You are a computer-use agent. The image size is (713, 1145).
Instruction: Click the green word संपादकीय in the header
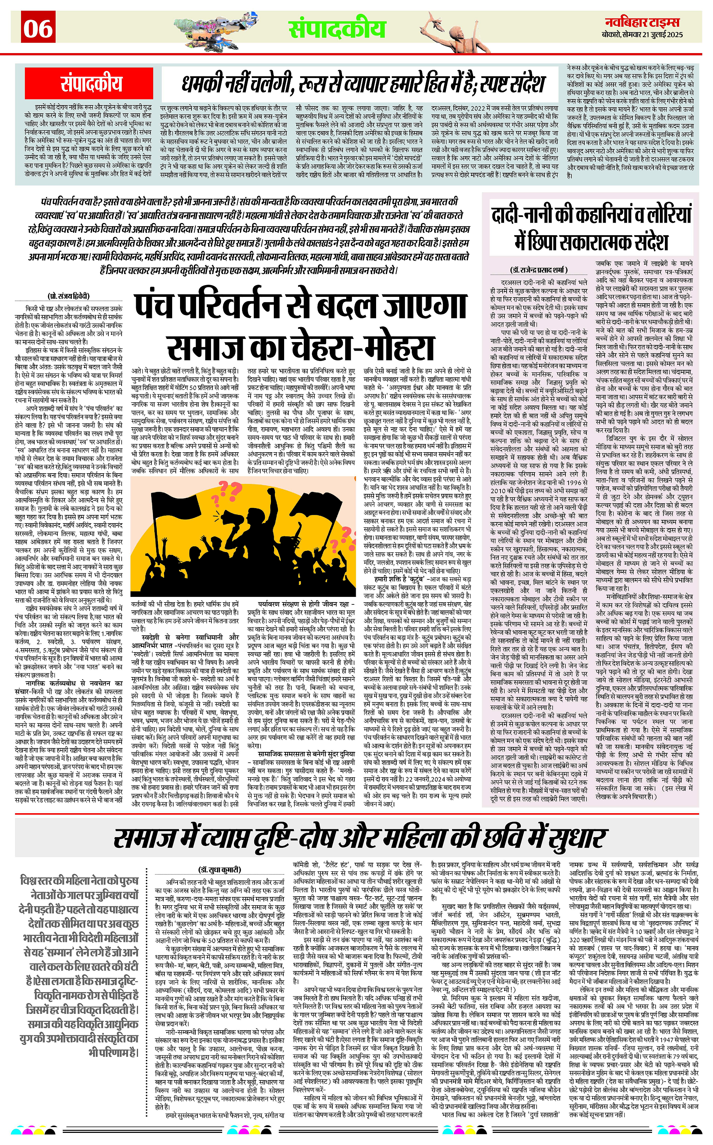(337, 29)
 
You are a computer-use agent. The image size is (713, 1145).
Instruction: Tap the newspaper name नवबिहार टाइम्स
(642, 22)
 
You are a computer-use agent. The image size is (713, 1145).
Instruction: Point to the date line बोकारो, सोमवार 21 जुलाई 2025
(642, 35)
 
